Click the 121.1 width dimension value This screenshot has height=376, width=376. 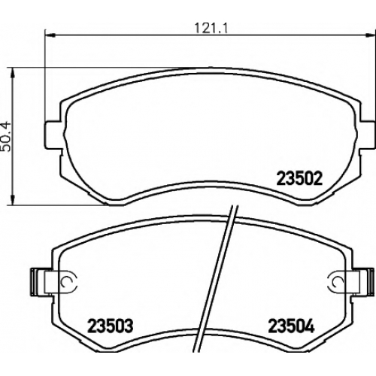(x=211, y=28)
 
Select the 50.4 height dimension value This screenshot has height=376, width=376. (x=6, y=136)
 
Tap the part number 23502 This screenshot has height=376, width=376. (x=299, y=179)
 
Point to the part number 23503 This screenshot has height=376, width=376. (x=110, y=326)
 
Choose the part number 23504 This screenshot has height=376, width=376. (x=291, y=326)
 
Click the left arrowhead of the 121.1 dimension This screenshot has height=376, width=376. (x=50, y=35)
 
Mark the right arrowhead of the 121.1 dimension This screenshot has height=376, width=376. (x=371, y=35)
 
